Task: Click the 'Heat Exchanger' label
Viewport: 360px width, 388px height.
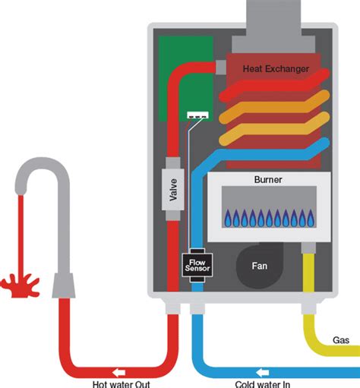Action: (x=276, y=69)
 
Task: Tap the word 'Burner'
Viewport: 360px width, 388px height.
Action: (x=269, y=181)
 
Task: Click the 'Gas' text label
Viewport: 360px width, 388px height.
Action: (x=341, y=339)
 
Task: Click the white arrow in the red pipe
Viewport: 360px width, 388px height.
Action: (x=119, y=371)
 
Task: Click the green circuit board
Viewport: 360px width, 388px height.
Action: (x=173, y=76)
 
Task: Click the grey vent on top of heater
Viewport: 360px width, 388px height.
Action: (x=277, y=15)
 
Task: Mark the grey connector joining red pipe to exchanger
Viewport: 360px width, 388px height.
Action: (x=222, y=68)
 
